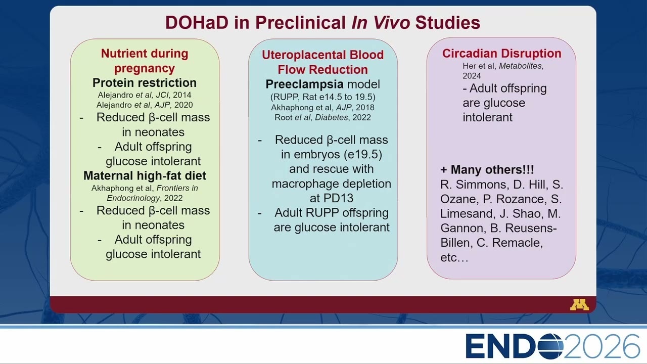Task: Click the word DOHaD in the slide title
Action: pyautogui.click(x=197, y=23)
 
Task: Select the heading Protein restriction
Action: pyautogui.click(x=145, y=83)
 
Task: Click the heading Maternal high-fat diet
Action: pyautogui.click(x=145, y=175)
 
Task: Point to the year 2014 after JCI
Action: pyautogui.click(x=182, y=95)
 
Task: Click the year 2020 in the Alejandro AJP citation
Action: pyautogui.click(x=183, y=105)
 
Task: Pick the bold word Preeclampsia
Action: pyautogui.click(x=304, y=84)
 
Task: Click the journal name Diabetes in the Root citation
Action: pyautogui.click(x=331, y=118)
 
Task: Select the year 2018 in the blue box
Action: pyautogui.click(x=365, y=108)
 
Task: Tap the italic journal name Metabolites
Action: pyautogui.click(x=520, y=66)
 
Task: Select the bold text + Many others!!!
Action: pyautogui.click(x=487, y=169)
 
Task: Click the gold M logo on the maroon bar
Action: pyautogui.click(x=579, y=305)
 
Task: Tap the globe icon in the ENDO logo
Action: pyautogui.click(x=550, y=346)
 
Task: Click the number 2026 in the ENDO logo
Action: pyautogui.click(x=602, y=346)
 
